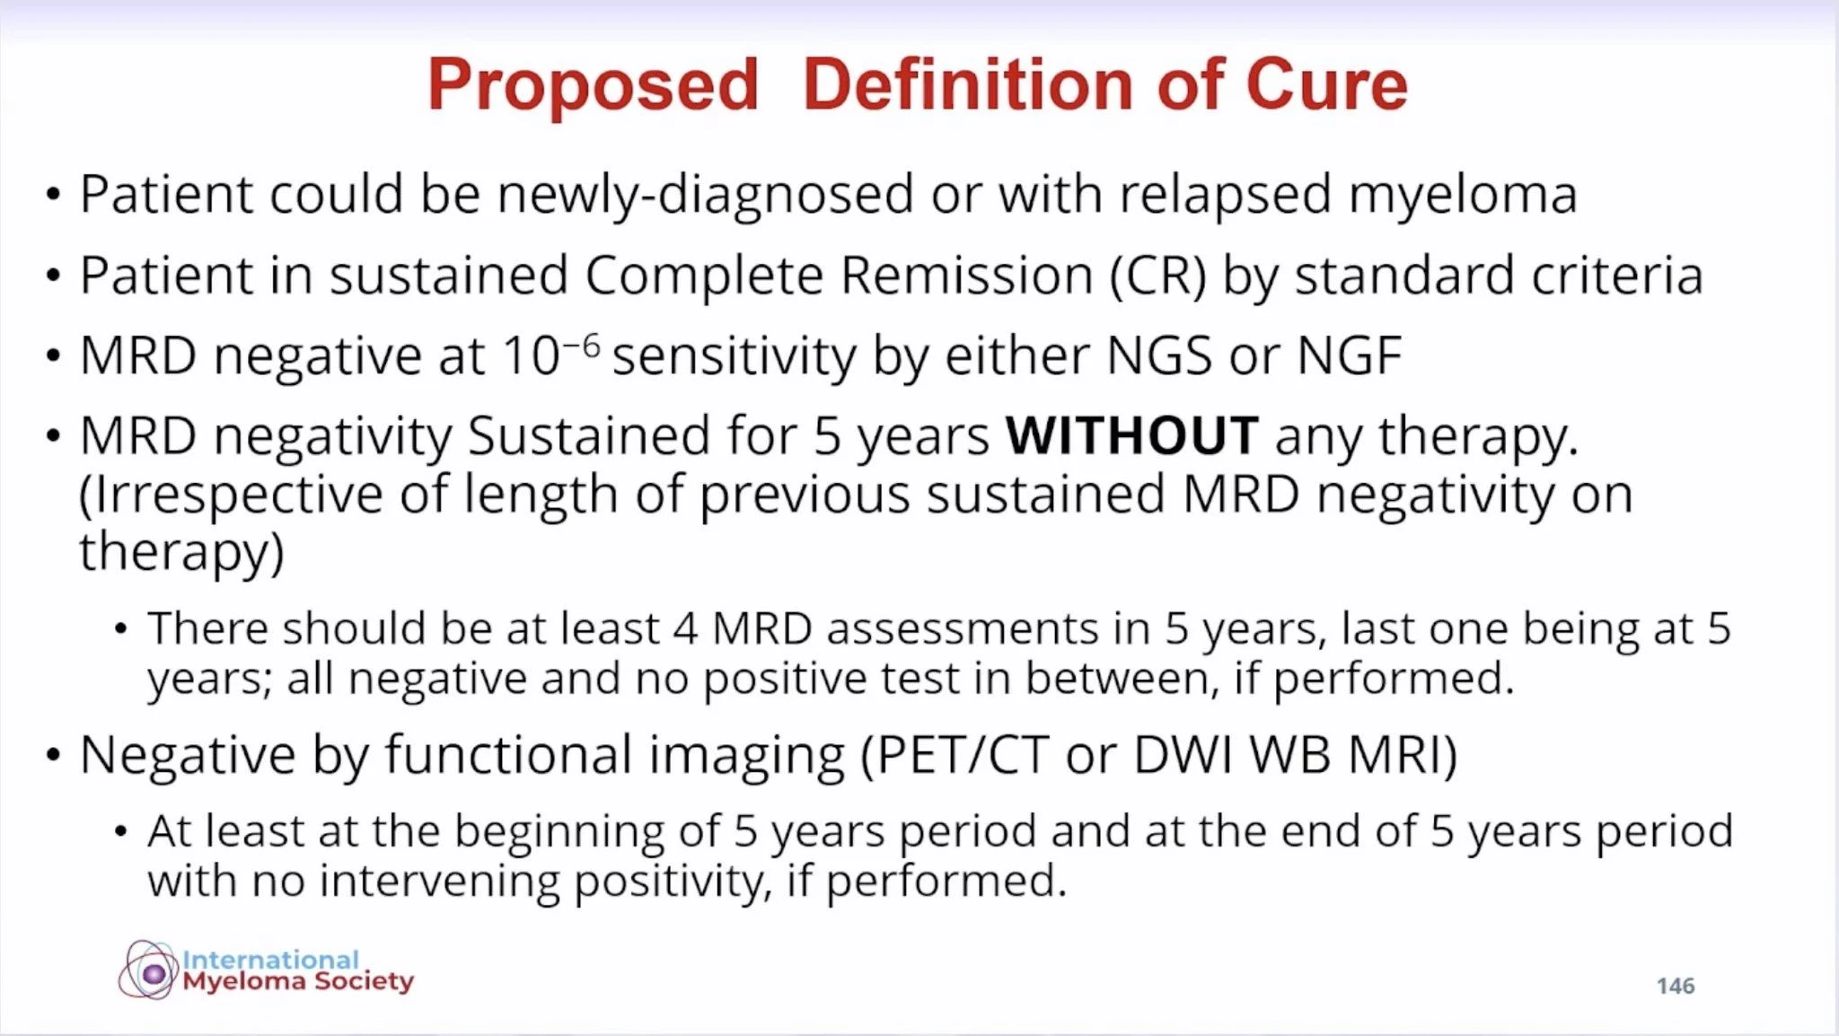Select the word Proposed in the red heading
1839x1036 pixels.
click(x=593, y=86)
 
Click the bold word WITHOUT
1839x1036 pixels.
click(x=1131, y=435)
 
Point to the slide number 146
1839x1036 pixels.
click(x=1676, y=986)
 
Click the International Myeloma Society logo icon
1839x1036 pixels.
click(x=149, y=970)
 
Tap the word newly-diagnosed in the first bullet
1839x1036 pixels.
click(x=705, y=195)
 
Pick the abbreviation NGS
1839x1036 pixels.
click(x=1159, y=356)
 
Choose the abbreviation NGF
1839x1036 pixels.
click(x=1350, y=356)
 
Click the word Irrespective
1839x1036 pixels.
click(x=231, y=496)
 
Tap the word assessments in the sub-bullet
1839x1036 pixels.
click(x=963, y=628)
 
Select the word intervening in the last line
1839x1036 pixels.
click(x=439, y=881)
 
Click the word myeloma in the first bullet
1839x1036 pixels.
click(x=1463, y=197)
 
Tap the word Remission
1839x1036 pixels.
click(x=966, y=276)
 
